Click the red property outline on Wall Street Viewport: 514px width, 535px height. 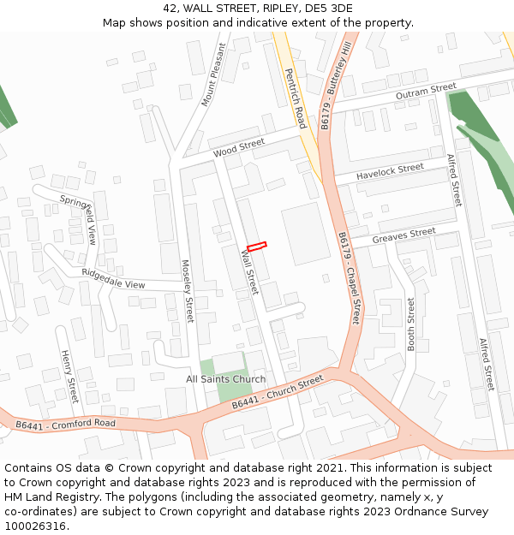(257, 247)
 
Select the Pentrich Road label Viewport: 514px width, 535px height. (295, 98)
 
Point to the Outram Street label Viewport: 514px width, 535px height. (426, 92)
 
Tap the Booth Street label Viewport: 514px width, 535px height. (411, 324)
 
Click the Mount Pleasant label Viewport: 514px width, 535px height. (213, 75)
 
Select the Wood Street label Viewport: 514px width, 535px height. (239, 147)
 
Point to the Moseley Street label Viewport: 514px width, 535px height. (188, 291)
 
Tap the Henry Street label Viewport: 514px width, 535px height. (69, 376)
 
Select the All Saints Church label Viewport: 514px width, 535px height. (226, 379)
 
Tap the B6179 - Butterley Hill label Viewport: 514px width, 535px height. (336, 86)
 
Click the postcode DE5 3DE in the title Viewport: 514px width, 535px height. (329, 9)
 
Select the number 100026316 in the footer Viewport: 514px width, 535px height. (35, 526)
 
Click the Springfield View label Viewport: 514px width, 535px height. (79, 218)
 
